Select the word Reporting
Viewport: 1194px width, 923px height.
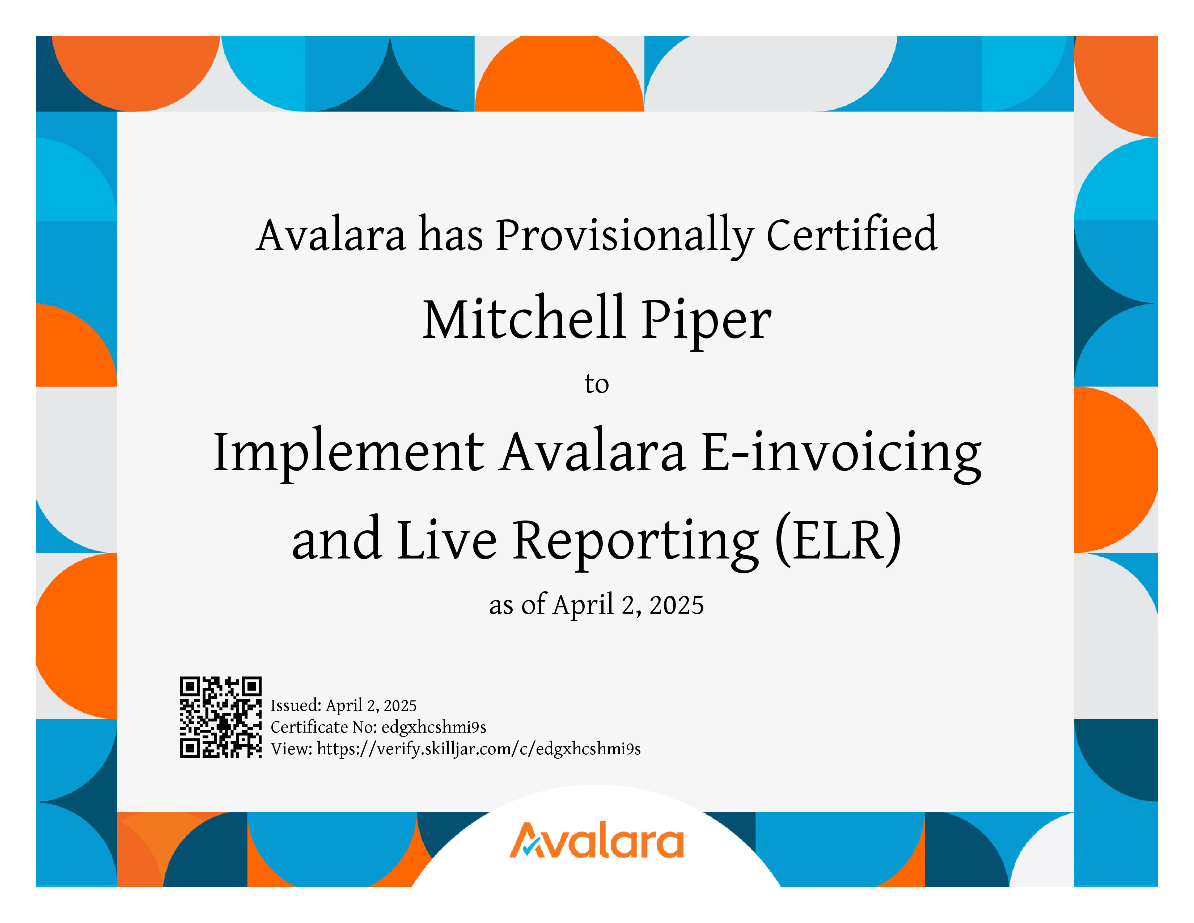636,543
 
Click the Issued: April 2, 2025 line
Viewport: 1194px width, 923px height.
343,706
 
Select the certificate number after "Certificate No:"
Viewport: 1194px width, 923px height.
433,727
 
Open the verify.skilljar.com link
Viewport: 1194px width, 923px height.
478,749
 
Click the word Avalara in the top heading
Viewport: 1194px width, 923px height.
331,235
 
